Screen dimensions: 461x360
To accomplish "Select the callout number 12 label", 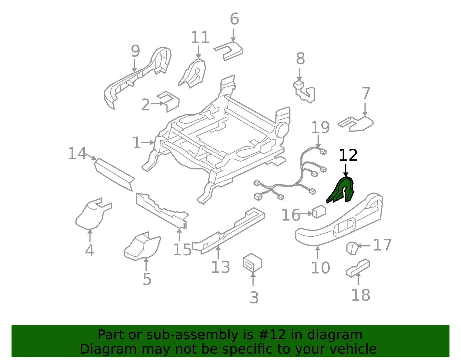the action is pyautogui.click(x=348, y=155).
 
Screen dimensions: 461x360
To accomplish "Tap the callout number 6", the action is pyautogui.click(x=235, y=19).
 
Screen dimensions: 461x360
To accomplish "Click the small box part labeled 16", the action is pyautogui.click(x=319, y=211).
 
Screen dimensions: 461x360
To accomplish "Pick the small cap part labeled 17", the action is pyautogui.click(x=352, y=248).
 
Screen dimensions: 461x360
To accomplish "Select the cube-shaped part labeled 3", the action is pyautogui.click(x=252, y=263).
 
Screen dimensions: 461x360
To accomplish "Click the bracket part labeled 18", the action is pyautogui.click(x=358, y=268).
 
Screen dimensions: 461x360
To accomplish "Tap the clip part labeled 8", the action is pyautogui.click(x=305, y=92).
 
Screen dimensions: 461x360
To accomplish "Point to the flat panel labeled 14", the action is pyautogui.click(x=114, y=175).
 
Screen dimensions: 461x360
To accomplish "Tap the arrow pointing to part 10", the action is pyautogui.click(x=318, y=252).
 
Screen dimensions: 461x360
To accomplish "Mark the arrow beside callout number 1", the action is pyautogui.click(x=148, y=142).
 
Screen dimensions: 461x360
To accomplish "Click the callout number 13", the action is pyautogui.click(x=221, y=267).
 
